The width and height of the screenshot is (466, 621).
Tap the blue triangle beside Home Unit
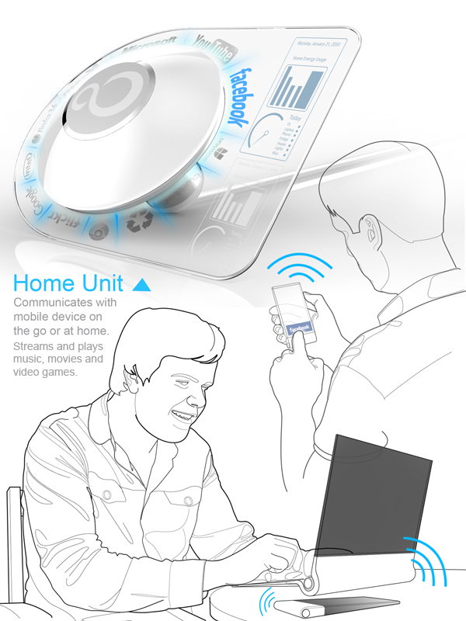[x=141, y=285]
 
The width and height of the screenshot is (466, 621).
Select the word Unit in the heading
[x=103, y=282]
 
